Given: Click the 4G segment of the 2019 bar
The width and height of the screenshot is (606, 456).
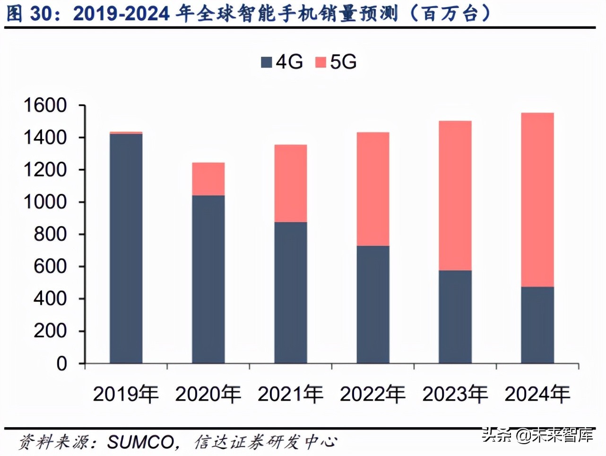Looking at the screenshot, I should pos(126,248).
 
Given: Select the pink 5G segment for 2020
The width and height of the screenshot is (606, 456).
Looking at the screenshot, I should pos(208,179).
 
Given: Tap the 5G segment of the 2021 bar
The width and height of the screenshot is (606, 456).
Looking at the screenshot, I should pos(290,183).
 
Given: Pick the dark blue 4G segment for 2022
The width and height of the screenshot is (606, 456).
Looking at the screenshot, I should pos(372,304).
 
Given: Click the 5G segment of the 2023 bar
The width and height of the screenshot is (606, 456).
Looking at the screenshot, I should pos(455,195).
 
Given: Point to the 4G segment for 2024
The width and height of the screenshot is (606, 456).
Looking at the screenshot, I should pos(537,325).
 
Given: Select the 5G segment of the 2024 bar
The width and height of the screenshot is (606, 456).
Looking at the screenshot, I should pos(537,200).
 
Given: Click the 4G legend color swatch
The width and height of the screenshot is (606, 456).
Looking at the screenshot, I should pos(267,62).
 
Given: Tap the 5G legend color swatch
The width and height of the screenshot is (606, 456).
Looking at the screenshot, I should pos(321,62).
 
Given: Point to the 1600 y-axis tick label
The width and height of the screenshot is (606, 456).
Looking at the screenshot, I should pos(45,105).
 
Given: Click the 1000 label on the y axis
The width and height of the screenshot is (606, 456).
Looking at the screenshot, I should pos(45,202).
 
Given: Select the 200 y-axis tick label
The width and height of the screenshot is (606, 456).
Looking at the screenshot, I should pos(50,331).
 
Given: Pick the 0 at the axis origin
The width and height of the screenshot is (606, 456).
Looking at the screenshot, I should pos(62,364).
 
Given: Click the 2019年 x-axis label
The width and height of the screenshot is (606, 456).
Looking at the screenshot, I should pos(126,394).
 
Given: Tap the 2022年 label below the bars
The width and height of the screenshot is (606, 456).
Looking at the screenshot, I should pos(372,394).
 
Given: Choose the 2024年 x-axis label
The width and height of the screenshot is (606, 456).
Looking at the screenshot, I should pos(537,394).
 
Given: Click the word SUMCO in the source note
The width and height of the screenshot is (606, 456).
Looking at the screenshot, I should pos(140,442).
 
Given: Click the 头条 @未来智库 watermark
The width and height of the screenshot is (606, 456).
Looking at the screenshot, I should pos(537,434).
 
